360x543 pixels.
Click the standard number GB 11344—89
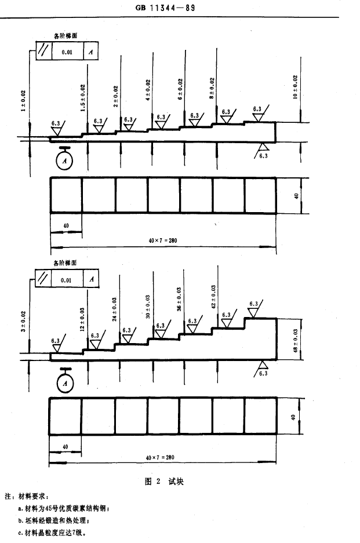click(166, 8)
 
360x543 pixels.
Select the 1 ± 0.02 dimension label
click(23, 101)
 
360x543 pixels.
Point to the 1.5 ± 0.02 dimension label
click(83, 99)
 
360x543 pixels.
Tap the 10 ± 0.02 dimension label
click(295, 87)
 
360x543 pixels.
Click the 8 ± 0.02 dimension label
click(212, 88)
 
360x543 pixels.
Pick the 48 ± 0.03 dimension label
click(296, 340)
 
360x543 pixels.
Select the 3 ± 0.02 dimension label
click(23, 322)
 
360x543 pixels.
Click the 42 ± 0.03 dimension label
click(213, 297)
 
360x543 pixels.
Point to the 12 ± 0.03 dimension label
click(82, 319)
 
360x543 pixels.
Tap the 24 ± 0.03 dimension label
click(114, 309)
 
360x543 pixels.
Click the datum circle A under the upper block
click(64, 161)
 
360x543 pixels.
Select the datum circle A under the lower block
click(65, 383)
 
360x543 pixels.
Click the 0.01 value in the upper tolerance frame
click(67, 52)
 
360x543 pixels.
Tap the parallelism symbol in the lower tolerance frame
click(43, 279)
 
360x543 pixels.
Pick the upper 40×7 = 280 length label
click(163, 240)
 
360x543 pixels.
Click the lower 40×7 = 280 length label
click(160, 457)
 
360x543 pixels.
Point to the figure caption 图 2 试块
click(164, 482)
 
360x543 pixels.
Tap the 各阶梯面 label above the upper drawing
click(66, 36)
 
